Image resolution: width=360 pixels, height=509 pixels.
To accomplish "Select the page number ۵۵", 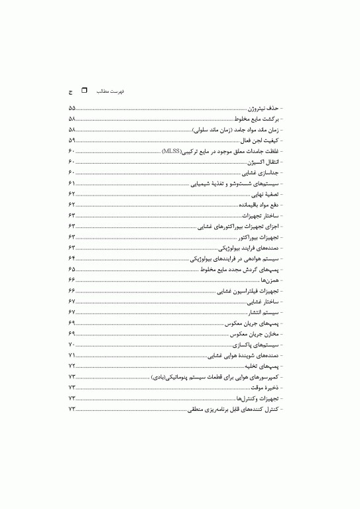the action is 72,108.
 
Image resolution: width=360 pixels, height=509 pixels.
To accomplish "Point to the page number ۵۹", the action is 72,141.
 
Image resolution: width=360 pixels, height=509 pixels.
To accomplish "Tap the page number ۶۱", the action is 72,184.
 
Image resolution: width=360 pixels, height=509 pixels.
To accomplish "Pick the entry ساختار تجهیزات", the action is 261,215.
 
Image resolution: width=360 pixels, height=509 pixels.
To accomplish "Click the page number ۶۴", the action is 72,258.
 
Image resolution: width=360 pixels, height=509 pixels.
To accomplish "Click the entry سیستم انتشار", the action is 265,312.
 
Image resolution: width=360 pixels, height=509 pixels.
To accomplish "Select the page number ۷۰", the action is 72,345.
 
